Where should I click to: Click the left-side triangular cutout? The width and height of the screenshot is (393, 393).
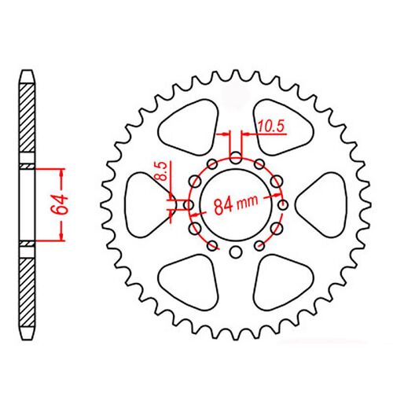point(149,200)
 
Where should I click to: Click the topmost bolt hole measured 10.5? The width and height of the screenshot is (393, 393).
point(236,156)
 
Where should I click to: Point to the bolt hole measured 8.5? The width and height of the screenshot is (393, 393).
point(189,206)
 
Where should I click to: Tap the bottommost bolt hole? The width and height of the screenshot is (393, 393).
point(236,253)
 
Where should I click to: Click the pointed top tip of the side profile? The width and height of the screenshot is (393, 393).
point(28,72)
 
